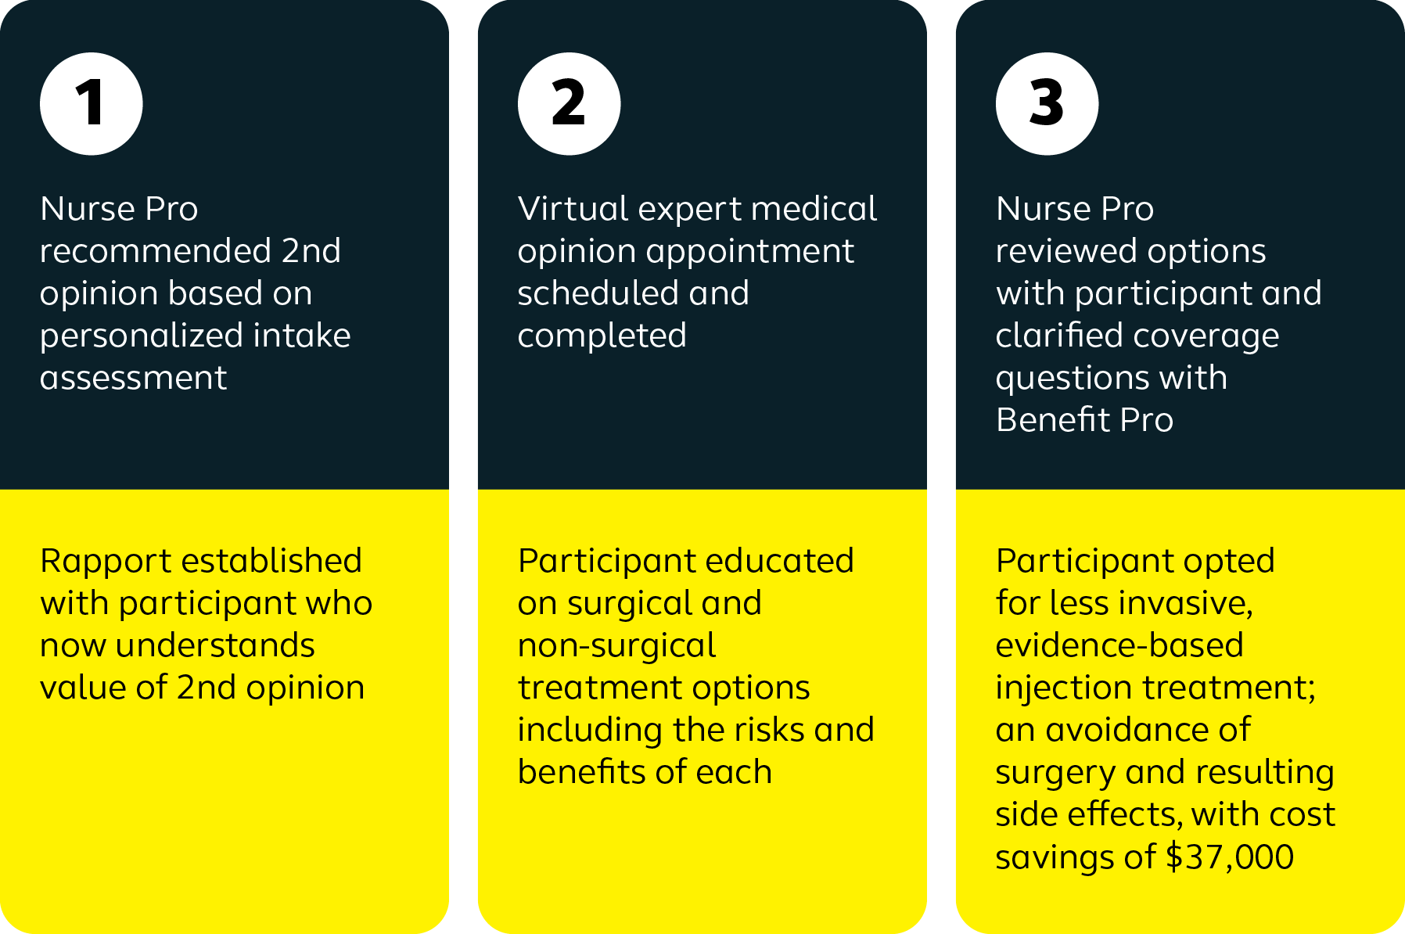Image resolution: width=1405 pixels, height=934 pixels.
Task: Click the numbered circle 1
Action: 92,104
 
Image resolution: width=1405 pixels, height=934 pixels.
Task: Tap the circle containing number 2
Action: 570,104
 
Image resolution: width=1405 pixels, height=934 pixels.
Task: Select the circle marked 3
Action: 1047,104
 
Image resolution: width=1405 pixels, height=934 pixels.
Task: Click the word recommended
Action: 156,251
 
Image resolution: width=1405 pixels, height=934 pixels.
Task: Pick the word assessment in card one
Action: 134,379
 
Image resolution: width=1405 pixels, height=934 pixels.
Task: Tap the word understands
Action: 215,645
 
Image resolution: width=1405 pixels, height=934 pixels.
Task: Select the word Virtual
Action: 573,209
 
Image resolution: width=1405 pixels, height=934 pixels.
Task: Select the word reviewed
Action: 1066,251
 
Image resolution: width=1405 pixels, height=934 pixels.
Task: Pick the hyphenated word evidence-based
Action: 1119,645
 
